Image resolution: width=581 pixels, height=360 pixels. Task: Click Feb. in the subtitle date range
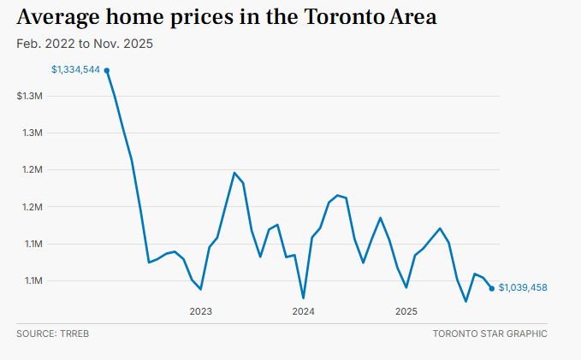(x=28, y=44)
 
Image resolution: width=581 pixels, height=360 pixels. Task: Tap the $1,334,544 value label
(x=76, y=70)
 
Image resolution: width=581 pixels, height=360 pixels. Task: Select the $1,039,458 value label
(x=523, y=288)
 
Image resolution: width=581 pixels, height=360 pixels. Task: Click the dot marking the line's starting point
(x=107, y=70)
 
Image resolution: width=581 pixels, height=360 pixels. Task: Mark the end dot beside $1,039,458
(x=491, y=288)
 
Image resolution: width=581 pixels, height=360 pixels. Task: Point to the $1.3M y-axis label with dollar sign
(x=30, y=96)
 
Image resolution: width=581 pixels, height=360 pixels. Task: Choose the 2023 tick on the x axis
(x=201, y=311)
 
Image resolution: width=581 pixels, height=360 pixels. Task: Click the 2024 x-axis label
(x=303, y=311)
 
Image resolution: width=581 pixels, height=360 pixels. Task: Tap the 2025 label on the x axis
(x=406, y=311)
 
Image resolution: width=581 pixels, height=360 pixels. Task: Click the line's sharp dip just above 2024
(x=303, y=298)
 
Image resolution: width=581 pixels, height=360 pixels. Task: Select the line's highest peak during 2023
(x=234, y=173)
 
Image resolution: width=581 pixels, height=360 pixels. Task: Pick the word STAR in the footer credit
(x=492, y=333)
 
